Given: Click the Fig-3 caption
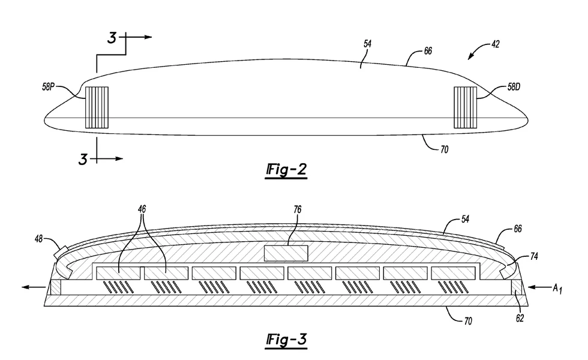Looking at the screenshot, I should pos(286,341).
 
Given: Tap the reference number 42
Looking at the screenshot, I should pos(495,44).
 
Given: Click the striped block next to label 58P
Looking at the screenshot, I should pos(97,108).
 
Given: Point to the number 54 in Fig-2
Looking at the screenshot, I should pos(367,44).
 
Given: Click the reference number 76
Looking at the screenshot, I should pos(298,210).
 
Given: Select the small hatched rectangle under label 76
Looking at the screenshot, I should pos(286,253).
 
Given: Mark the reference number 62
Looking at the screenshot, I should pos(520,318).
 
